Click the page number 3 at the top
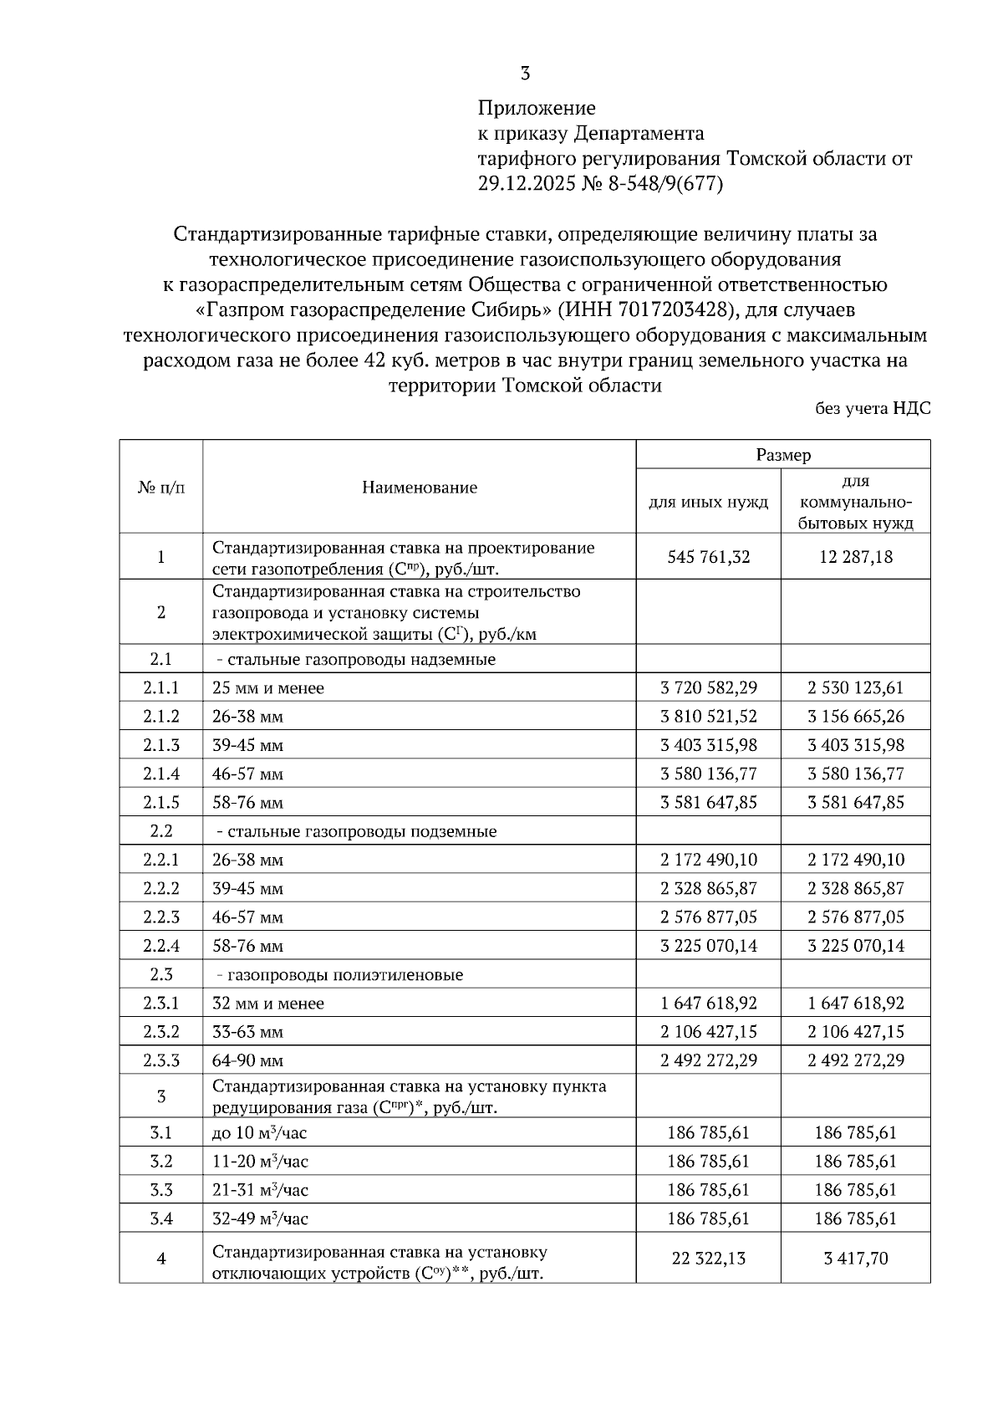pyautogui.click(x=525, y=74)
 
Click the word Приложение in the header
pyautogui.click(x=537, y=108)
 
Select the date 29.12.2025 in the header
pyautogui.click(x=525, y=184)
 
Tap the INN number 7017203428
pyautogui.click(x=674, y=310)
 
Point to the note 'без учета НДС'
pyautogui.click(x=873, y=409)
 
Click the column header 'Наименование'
pyautogui.click(x=420, y=488)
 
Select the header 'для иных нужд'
pyautogui.click(x=709, y=503)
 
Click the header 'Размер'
pyautogui.click(x=783, y=455)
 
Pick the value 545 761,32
pyautogui.click(x=709, y=557)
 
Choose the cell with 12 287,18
pyautogui.click(x=856, y=557)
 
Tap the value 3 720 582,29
pyautogui.click(x=709, y=688)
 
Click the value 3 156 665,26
pyautogui.click(x=856, y=717)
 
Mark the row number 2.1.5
pyautogui.click(x=160, y=803)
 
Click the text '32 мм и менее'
pyautogui.click(x=268, y=1004)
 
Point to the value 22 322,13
pyautogui.click(x=709, y=1259)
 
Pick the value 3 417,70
pyautogui.click(x=856, y=1259)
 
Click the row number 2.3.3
pyautogui.click(x=160, y=1060)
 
